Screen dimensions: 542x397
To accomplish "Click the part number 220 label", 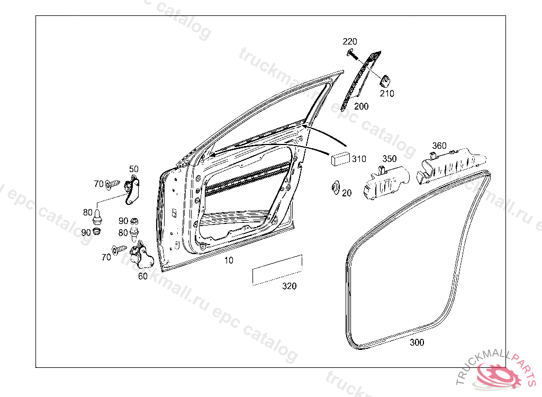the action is (349, 41).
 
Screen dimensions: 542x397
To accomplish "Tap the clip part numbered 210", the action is (385, 81).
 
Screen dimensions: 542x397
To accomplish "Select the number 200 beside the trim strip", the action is (361, 106).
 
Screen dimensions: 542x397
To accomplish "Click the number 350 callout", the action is (389, 159).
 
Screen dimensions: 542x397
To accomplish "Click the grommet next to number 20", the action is (335, 188).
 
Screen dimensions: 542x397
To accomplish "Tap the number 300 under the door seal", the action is (417, 342).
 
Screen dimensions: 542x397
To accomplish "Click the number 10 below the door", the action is (229, 260).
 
